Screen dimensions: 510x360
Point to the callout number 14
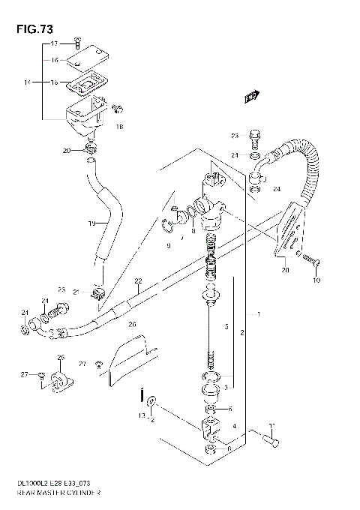point(27,81)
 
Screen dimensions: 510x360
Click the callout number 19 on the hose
point(91,223)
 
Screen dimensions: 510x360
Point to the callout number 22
point(138,281)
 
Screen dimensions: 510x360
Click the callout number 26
point(132,324)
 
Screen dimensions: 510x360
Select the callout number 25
point(61,357)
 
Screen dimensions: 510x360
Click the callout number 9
point(169,245)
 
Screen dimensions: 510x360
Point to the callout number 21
point(76,292)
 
